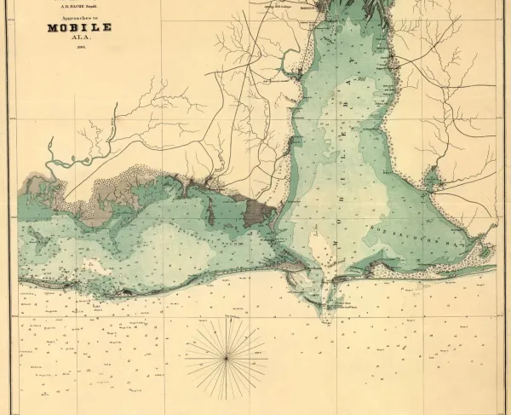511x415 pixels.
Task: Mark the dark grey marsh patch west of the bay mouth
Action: tap(255, 212)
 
